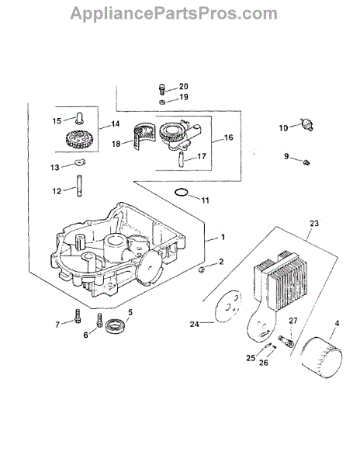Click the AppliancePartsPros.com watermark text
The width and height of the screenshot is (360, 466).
174,13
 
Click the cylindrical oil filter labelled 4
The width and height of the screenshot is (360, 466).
321,357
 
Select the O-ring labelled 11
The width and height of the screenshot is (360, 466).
181,193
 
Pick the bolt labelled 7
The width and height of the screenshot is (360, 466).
78,316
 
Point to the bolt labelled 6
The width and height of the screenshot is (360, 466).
99,320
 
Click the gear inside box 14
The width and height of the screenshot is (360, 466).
79,140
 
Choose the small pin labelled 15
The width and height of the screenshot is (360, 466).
78,117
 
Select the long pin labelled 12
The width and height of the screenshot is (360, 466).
79,186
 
